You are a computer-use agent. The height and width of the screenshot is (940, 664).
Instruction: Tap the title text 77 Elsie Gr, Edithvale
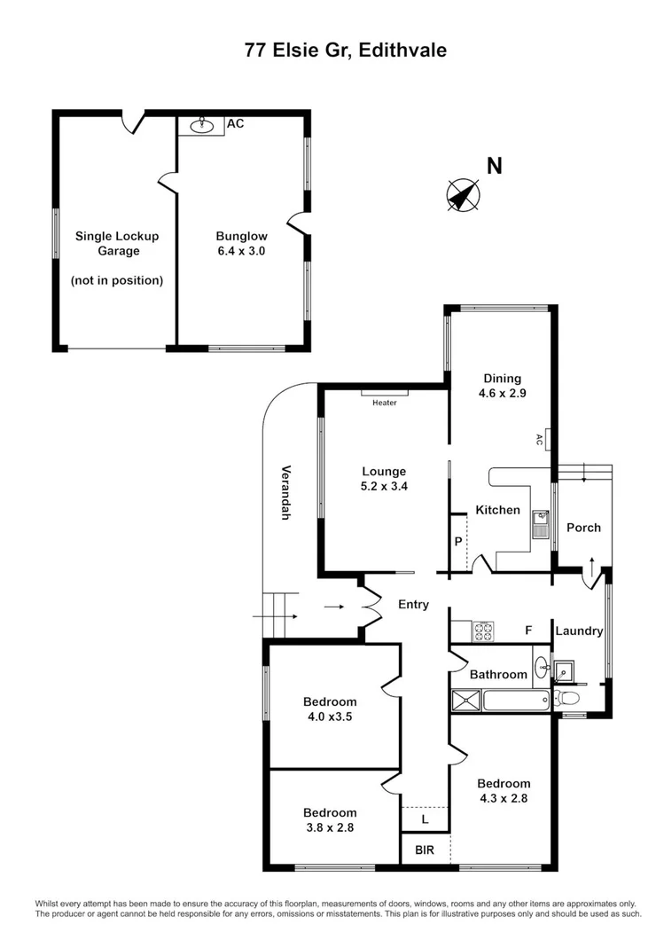346,51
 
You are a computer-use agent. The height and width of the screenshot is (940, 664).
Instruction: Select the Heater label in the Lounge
384,403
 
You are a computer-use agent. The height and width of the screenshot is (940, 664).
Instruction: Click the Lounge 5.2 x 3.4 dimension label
384,479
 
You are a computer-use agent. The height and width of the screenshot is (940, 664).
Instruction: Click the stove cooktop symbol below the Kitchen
483,631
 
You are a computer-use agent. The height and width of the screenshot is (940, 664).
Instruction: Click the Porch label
583,528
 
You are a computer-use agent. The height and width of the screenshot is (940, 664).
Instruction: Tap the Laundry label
579,631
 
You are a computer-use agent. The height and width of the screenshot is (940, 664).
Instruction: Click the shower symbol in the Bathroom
465,701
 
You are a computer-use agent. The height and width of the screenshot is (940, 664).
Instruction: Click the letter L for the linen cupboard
425,819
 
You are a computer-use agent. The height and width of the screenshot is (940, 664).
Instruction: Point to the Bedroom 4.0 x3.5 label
328,709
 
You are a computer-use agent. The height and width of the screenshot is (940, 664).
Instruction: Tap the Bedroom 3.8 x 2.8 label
330,820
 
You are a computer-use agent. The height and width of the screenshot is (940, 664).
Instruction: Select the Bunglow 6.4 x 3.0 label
241,244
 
